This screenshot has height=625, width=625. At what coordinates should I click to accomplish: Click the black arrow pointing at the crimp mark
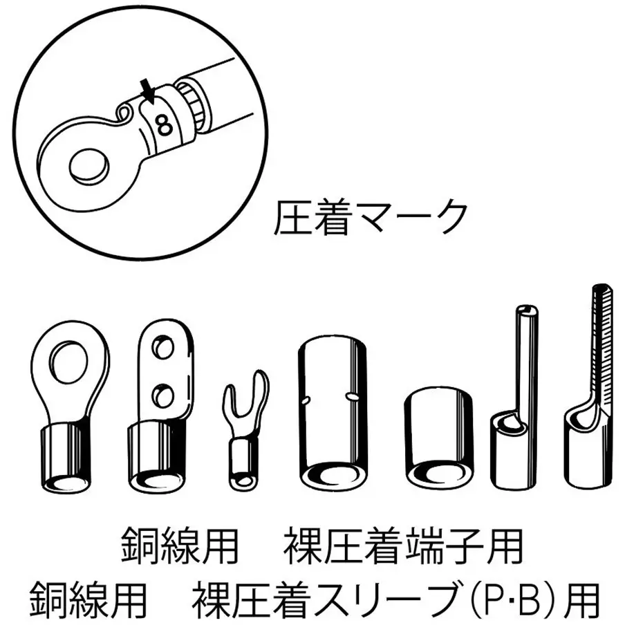pos(147,91)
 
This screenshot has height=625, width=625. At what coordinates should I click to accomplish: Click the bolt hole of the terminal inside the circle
pos(89,167)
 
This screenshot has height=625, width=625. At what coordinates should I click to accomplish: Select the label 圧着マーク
pos(371,218)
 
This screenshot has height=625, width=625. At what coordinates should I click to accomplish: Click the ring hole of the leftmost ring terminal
pos(68,360)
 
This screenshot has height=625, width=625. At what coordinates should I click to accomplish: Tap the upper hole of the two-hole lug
pos(163,348)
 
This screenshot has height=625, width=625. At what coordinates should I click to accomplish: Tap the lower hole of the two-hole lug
pos(163,395)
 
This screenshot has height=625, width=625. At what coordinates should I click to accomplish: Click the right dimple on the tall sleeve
pos(351,395)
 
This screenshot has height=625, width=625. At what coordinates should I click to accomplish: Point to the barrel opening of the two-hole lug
pos(156,480)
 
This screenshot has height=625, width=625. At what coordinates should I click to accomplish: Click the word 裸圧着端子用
pos(403,547)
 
